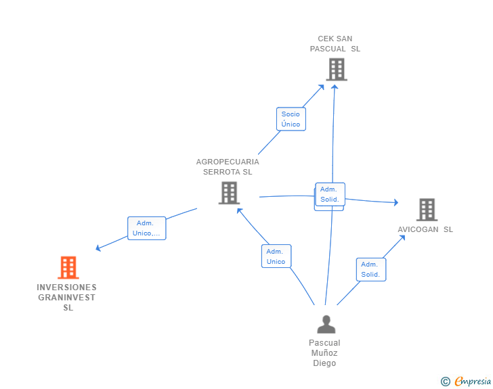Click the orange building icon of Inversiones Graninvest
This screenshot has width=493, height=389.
click(68, 267)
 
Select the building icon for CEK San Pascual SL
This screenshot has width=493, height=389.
click(336, 69)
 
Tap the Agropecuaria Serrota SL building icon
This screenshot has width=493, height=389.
click(229, 193)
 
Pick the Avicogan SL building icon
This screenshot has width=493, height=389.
click(427, 210)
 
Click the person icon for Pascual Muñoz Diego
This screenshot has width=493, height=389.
click(326, 325)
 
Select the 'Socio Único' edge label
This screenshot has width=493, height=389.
click(291, 119)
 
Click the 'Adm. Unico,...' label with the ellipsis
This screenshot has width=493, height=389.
click(146, 228)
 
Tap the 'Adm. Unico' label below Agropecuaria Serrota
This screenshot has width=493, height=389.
click(276, 256)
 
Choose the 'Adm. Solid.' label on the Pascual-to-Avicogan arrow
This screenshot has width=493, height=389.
click(370, 269)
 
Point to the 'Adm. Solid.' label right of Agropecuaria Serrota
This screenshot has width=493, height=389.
click(330, 194)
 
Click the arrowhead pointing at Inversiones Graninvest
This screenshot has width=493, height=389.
click(98, 249)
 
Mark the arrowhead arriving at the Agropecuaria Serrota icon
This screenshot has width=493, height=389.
click(238, 210)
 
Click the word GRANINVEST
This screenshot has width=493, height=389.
click(66, 298)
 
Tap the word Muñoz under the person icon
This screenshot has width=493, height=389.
click(324, 353)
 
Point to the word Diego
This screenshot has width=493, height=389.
click(324, 363)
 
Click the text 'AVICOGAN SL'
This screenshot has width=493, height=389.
click(425, 229)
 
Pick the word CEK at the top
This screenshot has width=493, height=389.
click(326, 39)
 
